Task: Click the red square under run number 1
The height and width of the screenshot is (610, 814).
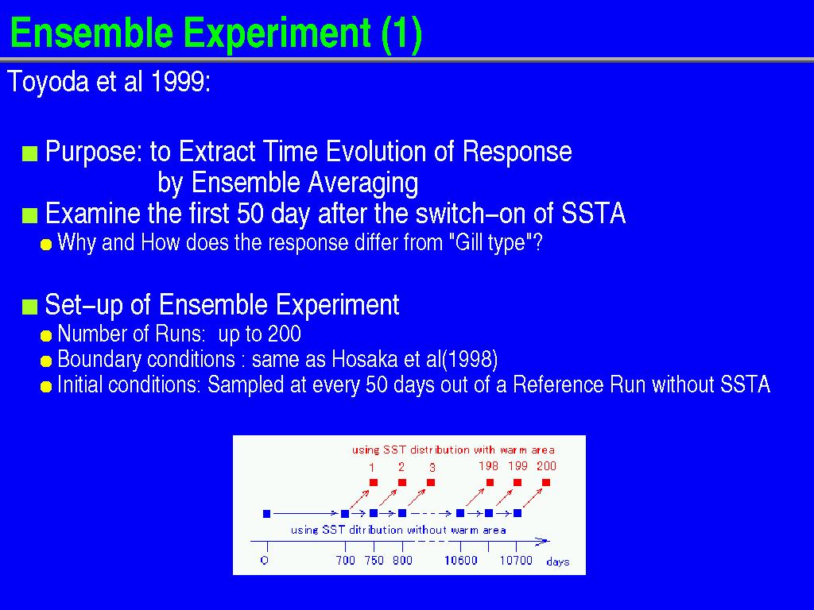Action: coord(374,482)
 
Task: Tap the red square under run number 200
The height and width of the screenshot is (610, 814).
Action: coord(545,482)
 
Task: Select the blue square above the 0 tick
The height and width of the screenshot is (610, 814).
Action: coord(267,514)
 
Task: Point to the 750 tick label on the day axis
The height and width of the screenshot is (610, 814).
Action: coord(374,560)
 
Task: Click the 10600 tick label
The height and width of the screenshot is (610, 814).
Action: coord(461,560)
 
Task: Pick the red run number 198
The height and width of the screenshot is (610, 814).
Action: coord(489,465)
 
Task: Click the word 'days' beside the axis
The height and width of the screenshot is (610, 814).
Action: coord(558,562)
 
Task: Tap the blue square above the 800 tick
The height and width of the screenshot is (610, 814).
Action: coord(401,514)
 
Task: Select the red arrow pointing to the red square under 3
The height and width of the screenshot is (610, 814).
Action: coord(417,498)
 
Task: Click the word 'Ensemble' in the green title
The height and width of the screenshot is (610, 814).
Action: coord(91,33)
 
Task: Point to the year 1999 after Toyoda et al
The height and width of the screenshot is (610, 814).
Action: coord(180,82)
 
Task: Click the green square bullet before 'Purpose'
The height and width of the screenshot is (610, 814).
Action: coord(29,154)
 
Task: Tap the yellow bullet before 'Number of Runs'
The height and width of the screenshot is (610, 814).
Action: coord(46,336)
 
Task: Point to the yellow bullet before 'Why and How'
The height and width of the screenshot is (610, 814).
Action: coord(46,245)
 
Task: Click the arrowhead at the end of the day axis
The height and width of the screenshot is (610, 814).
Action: coord(543,541)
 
